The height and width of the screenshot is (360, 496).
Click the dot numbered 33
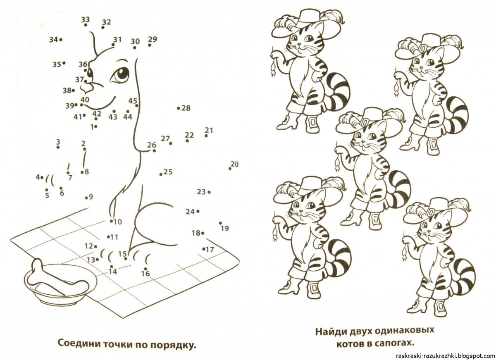[86, 25]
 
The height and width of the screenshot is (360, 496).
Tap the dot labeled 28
[179, 108]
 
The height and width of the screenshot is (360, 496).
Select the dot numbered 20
[230, 168]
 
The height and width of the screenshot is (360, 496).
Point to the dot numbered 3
[58, 147]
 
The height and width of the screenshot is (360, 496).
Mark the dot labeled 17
[204, 249]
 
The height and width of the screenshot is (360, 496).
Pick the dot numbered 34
[60, 40]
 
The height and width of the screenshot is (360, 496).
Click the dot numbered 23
[209, 192]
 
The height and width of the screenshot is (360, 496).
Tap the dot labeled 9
[86, 198]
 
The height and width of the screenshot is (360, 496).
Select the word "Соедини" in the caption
[78, 343]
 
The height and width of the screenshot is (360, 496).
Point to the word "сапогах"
[393, 343]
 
